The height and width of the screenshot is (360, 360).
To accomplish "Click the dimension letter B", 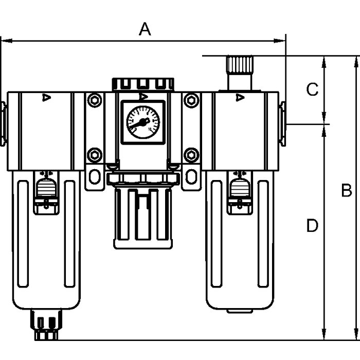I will pyautogui.click(x=346, y=191).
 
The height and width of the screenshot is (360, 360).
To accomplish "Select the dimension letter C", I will pyautogui.click(x=312, y=90).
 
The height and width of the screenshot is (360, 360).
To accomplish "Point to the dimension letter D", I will pyautogui.click(x=312, y=225).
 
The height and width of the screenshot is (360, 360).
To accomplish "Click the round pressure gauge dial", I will pyautogui.click(x=143, y=121).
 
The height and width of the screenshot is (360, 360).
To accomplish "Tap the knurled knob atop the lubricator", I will pyautogui.click(x=239, y=66).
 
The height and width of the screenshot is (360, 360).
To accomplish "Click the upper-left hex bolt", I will pyautogui.click(x=94, y=100).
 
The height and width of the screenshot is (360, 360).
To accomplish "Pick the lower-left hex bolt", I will pyautogui.click(x=94, y=154).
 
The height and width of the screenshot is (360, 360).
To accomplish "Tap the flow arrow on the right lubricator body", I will pyautogui.click(x=239, y=97).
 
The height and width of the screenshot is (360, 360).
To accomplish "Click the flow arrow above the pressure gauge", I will pyautogui.click(x=143, y=96).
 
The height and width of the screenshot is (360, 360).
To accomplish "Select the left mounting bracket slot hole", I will pyautogui.click(x=94, y=176).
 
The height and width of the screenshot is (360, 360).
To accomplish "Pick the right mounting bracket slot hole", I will pyautogui.click(x=191, y=176).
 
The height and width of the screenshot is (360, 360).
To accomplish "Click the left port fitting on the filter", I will pyautogui.click(x=3, y=124).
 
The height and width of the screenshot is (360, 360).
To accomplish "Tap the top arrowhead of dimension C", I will pyautogui.click(x=325, y=60).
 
